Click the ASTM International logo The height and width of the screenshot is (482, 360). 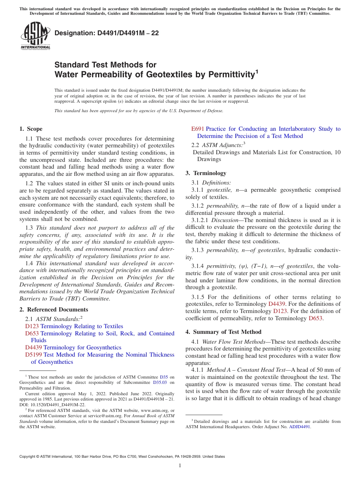[35, 36]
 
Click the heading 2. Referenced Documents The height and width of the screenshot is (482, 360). [53, 310]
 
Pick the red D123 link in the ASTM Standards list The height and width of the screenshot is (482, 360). [32, 326]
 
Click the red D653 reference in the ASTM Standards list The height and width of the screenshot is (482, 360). [32, 333]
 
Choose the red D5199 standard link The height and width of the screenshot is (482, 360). [34, 355]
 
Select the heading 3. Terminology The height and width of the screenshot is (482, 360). [206, 173]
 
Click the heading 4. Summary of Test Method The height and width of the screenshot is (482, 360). [223, 332]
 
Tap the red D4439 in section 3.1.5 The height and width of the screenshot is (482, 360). [277, 304]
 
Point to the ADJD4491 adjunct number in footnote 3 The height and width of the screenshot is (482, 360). [299, 427]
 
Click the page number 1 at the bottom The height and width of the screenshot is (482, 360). [180, 466]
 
